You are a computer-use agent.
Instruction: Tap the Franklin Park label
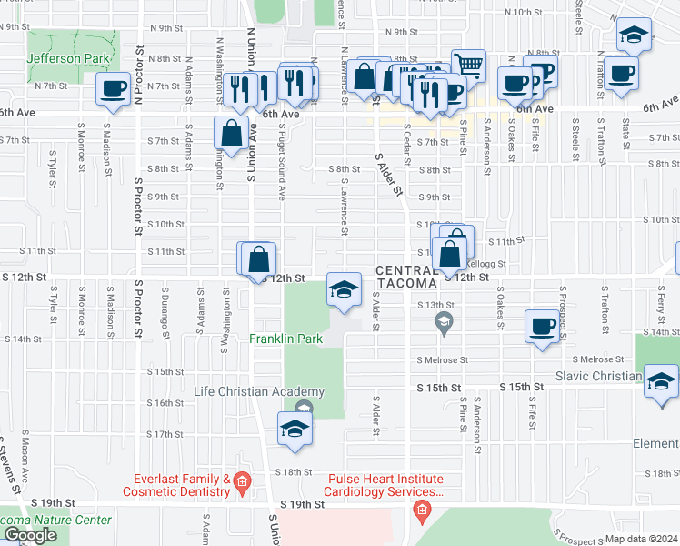[x=287, y=339]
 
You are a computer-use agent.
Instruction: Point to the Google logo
[x=30, y=535]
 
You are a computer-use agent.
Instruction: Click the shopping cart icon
[x=468, y=64]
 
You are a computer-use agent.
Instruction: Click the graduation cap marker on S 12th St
[x=343, y=290]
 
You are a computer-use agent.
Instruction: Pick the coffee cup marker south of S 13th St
[x=543, y=326]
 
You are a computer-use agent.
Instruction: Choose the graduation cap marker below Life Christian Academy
[x=295, y=429]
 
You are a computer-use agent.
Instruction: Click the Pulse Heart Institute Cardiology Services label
[x=385, y=485]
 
